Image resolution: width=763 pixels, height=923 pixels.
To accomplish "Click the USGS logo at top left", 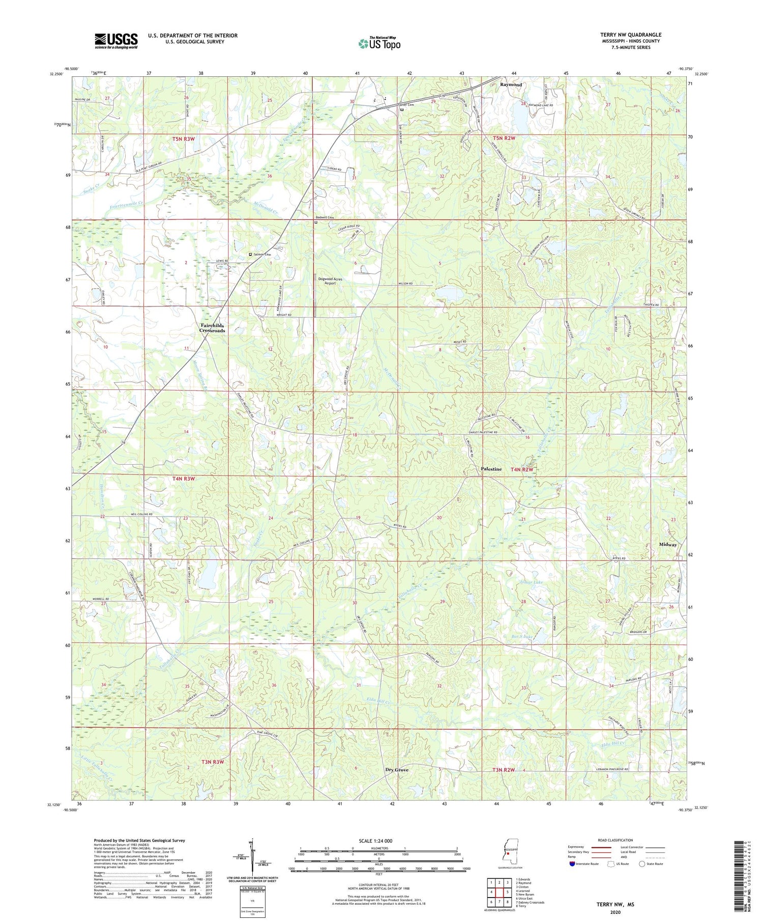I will [115, 41].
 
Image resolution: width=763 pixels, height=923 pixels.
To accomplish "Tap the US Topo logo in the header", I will [379, 43].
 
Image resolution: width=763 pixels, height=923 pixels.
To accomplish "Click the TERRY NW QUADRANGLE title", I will [630, 35].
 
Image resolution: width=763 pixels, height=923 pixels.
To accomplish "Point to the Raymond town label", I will [511, 85].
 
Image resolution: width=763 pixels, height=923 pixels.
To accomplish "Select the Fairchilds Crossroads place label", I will [212, 328].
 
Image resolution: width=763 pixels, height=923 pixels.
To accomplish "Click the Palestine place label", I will [491, 469].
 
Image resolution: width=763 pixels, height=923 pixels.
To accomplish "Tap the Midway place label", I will [668, 544].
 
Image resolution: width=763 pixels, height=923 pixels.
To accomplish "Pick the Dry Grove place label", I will [397, 770].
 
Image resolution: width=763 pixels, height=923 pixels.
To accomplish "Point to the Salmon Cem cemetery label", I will [262, 255].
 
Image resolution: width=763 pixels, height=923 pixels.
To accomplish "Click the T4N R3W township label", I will [184, 479].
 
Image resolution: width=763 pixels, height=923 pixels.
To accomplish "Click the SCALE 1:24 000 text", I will [375, 841].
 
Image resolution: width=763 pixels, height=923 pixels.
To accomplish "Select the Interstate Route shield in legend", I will [572, 864].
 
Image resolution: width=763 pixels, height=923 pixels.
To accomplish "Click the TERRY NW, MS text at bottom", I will [615, 904].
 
